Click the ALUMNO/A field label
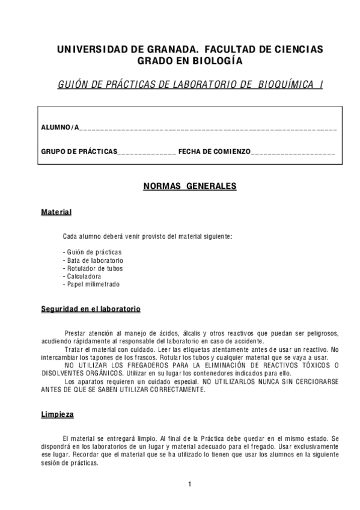[59, 127]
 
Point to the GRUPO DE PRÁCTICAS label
[79, 152]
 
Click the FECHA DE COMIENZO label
[214, 152]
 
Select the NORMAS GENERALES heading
[189, 186]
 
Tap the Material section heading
[56, 212]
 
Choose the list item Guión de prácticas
[92, 251]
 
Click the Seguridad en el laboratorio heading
[91, 309]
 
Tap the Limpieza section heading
[58, 414]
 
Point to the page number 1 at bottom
[189, 484]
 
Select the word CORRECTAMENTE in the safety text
[179, 389]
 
